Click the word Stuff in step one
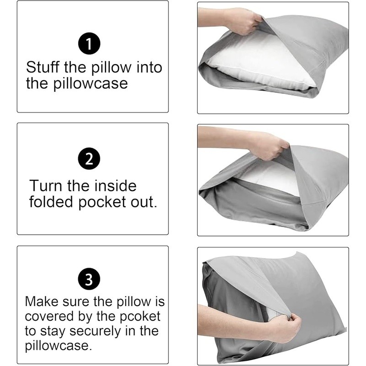43,68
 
